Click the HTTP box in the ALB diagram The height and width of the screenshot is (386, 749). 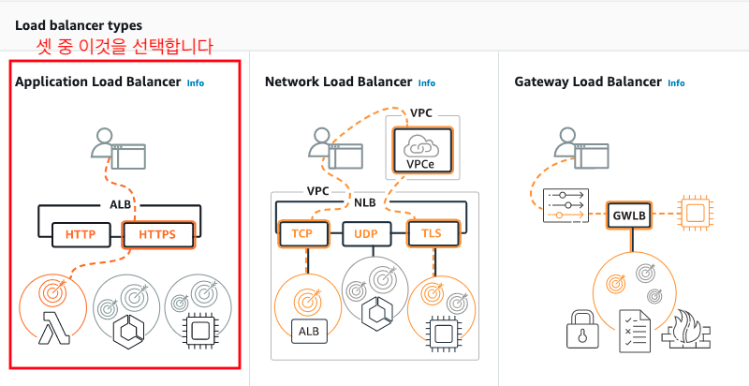click(81, 234)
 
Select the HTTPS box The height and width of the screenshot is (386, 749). click(158, 234)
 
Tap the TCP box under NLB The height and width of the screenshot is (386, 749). click(302, 233)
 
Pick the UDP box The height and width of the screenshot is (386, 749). click(366, 234)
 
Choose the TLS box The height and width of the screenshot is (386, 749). click(433, 233)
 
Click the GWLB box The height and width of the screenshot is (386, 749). click(629, 215)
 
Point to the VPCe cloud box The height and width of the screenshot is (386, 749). click(422, 151)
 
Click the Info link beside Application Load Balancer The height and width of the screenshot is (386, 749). click(196, 83)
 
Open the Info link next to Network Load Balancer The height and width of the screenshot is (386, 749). click(427, 83)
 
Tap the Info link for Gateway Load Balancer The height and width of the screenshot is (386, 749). click(676, 83)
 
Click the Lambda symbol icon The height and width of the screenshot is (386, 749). click(54, 328)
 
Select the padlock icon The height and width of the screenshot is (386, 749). click(581, 330)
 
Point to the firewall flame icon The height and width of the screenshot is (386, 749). click(685, 331)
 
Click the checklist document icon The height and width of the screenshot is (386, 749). click(635, 331)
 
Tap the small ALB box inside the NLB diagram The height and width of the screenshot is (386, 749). click(309, 331)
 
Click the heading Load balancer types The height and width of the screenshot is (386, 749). click(79, 25)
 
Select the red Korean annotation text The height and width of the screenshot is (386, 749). click(125, 46)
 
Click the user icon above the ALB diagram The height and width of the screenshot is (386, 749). click(119, 149)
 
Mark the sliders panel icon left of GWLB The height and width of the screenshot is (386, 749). click(565, 205)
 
